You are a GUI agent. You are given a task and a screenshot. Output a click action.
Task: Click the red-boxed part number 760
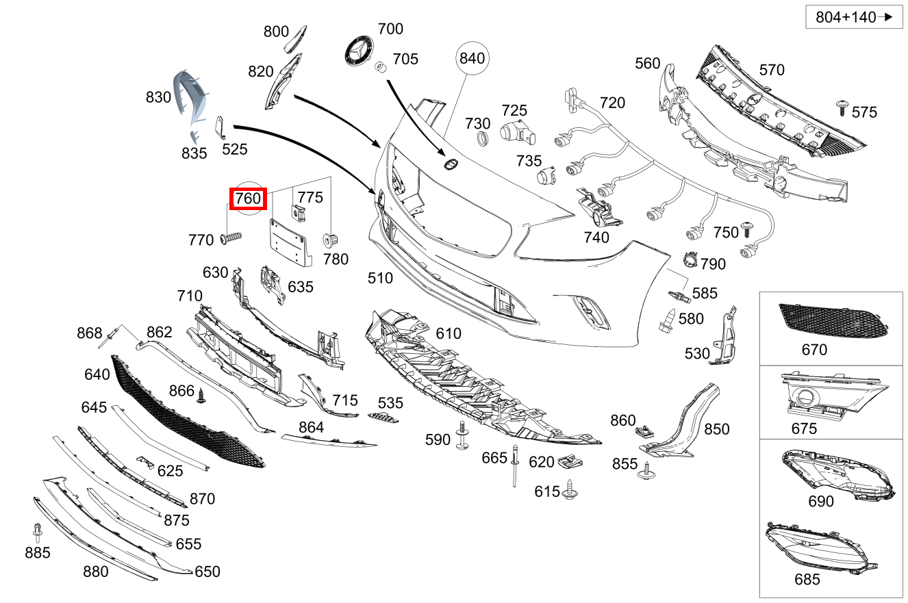pos(247,198)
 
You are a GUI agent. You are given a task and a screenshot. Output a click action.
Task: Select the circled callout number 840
pos(472,58)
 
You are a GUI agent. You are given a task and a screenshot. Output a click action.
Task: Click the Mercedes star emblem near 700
pos(359,52)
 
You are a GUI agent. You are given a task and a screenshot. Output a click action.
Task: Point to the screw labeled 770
pos(232,238)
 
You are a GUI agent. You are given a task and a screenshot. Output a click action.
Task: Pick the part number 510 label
pos(380,278)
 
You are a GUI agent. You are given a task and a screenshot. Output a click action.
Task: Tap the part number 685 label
pos(807,579)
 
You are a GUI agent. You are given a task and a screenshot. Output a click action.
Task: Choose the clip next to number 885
pos(38,532)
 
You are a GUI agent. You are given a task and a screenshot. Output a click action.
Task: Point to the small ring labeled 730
pos(483,140)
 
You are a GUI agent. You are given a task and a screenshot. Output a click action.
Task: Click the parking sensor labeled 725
pos(515,133)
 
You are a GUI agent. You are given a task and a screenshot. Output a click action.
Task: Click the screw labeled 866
pos(201,396)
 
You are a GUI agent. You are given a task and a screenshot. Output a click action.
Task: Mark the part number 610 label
pos(449,333)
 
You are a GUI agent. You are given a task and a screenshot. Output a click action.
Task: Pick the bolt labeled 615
pos(570,489)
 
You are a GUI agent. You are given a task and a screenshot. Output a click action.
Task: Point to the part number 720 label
pos(612,103)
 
